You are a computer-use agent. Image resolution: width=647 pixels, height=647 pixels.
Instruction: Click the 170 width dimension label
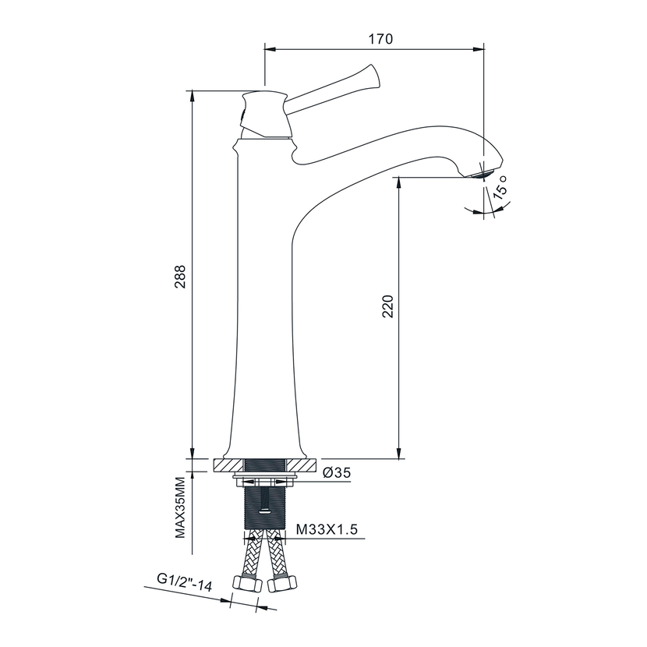(380, 39)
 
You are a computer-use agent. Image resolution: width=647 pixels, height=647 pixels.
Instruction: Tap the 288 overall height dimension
(180, 276)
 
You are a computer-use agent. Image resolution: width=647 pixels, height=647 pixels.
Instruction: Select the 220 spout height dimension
(388, 306)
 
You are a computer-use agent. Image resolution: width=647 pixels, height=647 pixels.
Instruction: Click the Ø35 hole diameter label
(337, 472)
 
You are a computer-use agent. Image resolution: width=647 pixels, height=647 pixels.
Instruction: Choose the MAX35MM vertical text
(180, 507)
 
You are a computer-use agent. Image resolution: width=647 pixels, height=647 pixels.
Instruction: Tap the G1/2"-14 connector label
(185, 582)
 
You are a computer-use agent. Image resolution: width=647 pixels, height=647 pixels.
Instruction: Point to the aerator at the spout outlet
(480, 174)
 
